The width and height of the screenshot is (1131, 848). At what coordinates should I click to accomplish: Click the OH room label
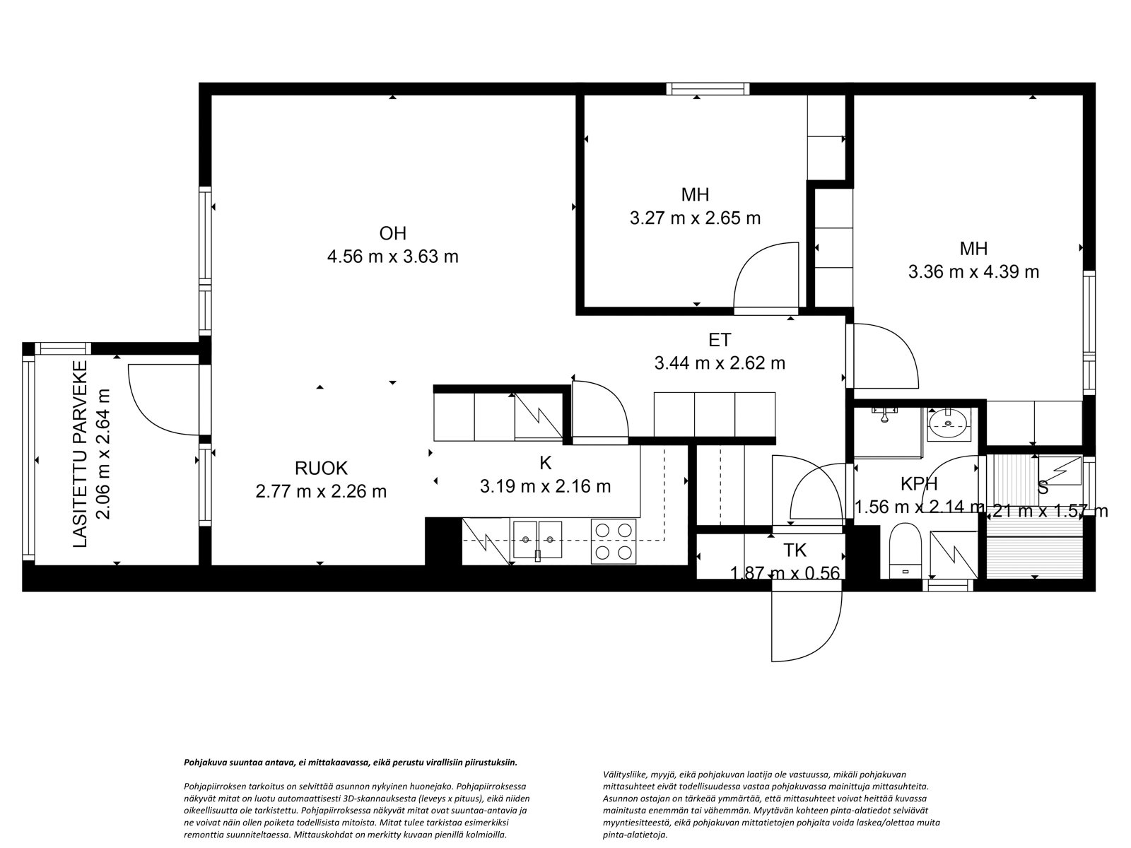tap(393, 233)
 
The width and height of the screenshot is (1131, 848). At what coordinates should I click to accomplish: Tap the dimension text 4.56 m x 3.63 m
tap(393, 257)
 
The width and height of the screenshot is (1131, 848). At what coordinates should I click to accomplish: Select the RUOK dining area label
tap(322, 468)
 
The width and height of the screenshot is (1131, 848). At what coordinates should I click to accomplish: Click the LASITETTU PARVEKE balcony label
tap(81, 454)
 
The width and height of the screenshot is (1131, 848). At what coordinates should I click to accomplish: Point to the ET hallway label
tap(719, 340)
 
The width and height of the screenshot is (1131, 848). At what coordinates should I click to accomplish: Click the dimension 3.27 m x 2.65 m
tap(695, 218)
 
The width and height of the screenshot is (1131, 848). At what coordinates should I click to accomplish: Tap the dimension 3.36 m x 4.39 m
tap(973, 271)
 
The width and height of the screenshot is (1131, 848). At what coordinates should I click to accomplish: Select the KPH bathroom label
tap(918, 484)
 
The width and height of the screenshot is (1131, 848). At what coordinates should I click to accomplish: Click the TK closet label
tap(795, 550)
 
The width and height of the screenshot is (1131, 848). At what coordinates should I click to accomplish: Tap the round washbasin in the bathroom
tap(948, 423)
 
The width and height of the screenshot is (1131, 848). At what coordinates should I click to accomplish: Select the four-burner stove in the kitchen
tap(612, 541)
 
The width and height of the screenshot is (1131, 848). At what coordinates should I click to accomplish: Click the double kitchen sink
tap(537, 541)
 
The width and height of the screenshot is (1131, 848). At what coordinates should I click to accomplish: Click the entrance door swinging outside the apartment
tap(806, 625)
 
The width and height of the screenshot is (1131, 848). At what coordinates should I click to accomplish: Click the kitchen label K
tap(545, 463)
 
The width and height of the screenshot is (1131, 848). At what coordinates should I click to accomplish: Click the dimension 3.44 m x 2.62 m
tap(719, 363)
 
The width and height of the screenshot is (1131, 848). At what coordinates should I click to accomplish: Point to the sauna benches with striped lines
tap(1035, 537)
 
